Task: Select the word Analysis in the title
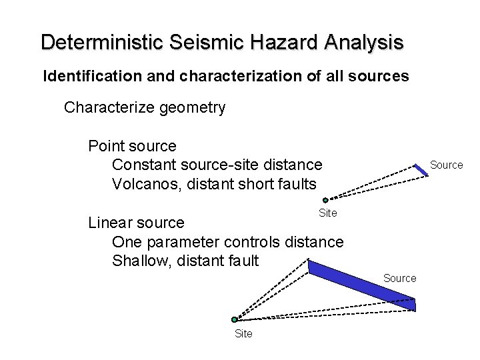tap(364, 43)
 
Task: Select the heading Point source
tap(132, 146)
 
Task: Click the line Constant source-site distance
tap(217, 164)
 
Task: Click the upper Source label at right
tap(446, 165)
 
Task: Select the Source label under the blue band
tap(399, 278)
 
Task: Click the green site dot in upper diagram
tap(325, 200)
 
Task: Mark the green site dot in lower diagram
tap(235, 319)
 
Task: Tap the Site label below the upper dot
tap(328, 213)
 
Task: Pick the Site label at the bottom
tap(243, 333)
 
